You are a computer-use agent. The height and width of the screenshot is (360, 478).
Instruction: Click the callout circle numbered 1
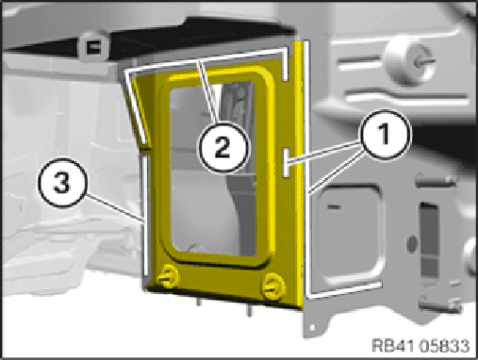click(386, 135)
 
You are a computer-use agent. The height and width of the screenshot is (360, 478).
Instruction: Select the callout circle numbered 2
click(223, 147)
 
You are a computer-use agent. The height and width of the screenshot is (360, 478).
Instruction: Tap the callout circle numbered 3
click(62, 183)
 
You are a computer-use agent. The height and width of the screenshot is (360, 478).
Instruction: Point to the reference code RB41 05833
click(420, 346)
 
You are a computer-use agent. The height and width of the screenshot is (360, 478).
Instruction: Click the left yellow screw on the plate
click(168, 276)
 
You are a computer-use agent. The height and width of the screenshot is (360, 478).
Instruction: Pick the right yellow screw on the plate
click(273, 286)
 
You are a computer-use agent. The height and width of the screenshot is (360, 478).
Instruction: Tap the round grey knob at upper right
click(407, 61)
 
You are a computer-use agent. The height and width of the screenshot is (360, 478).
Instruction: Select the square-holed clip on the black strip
click(93, 46)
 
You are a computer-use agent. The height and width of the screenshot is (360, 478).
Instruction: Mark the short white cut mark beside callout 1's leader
click(287, 162)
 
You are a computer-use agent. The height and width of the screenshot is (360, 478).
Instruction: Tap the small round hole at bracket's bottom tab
click(312, 327)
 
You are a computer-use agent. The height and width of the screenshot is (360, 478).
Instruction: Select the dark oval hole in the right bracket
click(412, 244)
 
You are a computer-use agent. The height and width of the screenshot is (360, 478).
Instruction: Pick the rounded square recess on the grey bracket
click(349, 233)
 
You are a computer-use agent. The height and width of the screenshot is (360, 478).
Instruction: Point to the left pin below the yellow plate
click(198, 302)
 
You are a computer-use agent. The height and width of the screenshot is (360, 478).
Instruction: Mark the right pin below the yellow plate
click(249, 311)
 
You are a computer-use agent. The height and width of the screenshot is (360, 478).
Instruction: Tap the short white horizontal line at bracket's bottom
click(344, 290)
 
